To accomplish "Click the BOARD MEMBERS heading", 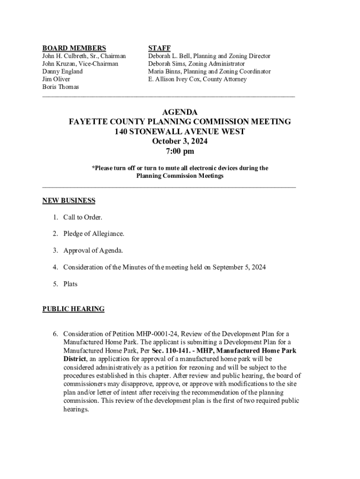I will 74,48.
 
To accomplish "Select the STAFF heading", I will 159,48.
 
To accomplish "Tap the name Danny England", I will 62,72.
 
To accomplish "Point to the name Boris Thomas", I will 60,87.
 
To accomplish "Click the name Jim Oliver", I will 56,79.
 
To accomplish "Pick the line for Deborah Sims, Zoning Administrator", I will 196,64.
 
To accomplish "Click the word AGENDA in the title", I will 180,112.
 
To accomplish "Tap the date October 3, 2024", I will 180,142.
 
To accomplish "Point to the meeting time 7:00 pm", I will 180,152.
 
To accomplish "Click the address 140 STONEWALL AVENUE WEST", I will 180,132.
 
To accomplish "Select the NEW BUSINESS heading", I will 69,201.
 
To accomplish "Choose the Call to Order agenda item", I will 83,218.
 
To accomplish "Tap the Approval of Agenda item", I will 93,251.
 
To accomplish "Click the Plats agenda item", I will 70,284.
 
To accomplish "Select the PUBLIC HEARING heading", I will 73,309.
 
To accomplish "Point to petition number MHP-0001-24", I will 157,334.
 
